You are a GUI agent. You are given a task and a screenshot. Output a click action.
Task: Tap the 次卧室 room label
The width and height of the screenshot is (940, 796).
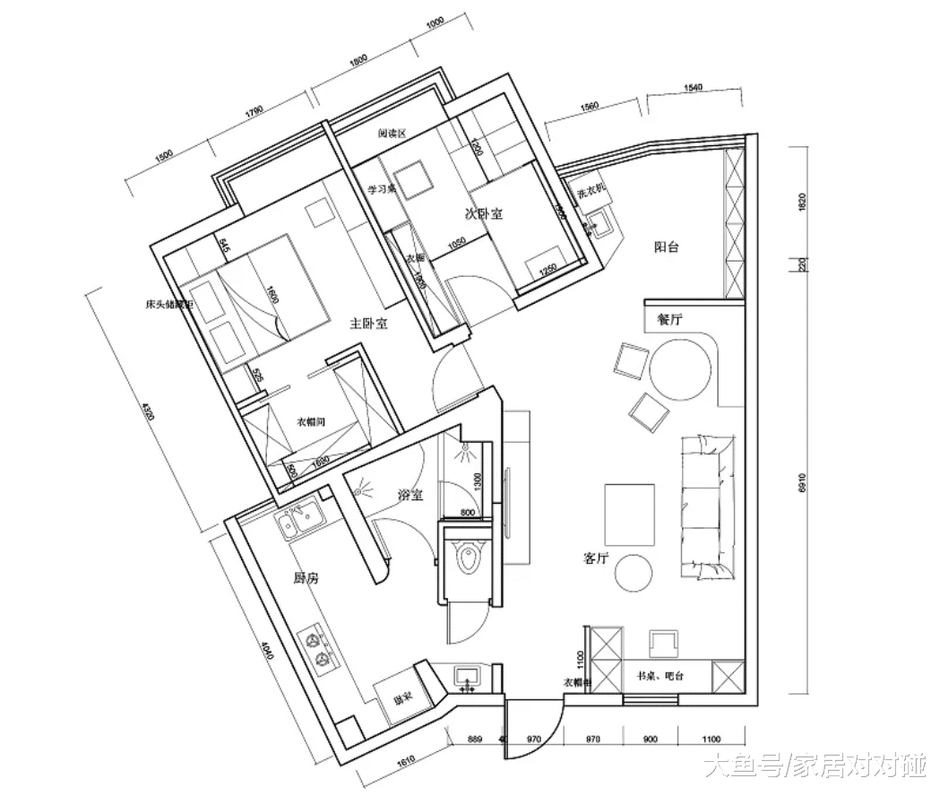click(483, 214)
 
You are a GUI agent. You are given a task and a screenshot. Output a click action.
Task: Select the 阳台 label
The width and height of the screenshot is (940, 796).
click(667, 247)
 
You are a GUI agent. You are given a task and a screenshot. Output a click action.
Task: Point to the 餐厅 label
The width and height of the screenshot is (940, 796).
click(669, 318)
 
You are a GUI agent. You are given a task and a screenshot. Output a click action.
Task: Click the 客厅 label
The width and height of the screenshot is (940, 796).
click(597, 558)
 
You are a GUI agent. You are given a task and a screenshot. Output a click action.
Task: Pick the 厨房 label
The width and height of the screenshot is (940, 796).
click(306, 579)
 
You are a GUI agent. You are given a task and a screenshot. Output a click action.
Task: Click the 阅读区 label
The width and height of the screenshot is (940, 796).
click(392, 133)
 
